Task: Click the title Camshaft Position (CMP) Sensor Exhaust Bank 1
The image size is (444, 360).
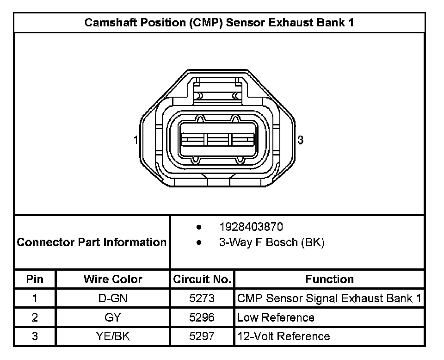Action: tap(219, 23)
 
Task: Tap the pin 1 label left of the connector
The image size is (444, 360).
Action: tap(136, 140)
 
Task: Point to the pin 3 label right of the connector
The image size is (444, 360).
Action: tap(300, 140)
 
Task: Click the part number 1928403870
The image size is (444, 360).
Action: tap(251, 227)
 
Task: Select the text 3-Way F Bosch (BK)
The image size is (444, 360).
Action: tap(271, 242)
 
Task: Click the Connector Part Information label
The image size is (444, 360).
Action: tap(92, 242)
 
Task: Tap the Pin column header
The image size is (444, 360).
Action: tap(35, 279)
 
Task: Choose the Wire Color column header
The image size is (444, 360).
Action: tap(113, 279)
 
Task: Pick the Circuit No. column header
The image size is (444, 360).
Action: tap(202, 279)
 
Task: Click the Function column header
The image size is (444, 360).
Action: tap(329, 279)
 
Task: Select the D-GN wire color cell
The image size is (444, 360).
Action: tap(113, 298)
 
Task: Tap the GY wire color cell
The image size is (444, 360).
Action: tap(113, 317)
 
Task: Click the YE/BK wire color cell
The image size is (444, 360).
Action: tap(113, 336)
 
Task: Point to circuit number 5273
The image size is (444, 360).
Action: tap(202, 298)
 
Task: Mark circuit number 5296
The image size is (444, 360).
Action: tap(202, 317)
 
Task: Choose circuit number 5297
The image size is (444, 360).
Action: tap(202, 336)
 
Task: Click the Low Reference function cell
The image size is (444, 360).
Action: tap(276, 317)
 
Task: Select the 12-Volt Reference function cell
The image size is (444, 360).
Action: tap(284, 336)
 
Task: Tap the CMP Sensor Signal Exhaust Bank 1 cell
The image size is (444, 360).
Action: tap(329, 298)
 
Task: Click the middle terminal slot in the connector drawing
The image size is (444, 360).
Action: tap(218, 139)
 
